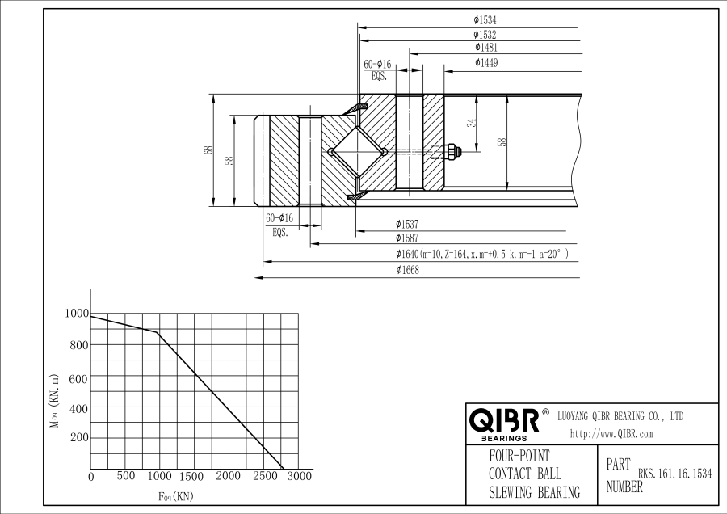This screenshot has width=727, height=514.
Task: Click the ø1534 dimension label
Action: click(x=485, y=20)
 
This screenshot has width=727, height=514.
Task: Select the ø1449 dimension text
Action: click(x=486, y=62)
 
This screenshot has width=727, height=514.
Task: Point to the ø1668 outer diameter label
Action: click(x=408, y=270)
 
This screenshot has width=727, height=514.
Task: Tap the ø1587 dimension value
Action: click(x=406, y=238)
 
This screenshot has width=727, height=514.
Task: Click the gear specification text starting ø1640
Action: click(x=481, y=254)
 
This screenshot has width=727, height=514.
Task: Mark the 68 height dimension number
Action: click(x=209, y=150)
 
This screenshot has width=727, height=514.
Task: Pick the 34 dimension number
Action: click(x=472, y=123)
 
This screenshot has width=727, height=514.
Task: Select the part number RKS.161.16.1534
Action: click(x=674, y=474)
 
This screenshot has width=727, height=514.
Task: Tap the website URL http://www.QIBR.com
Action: click(x=611, y=434)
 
